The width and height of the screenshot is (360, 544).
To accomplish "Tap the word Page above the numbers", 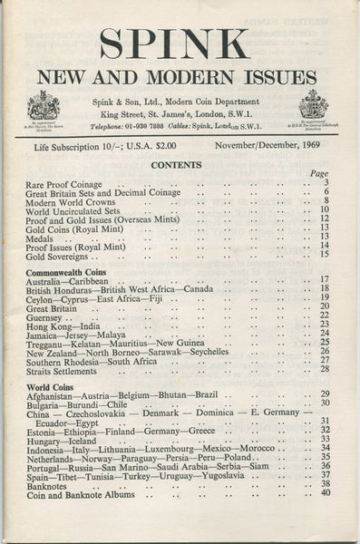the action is point(319,173).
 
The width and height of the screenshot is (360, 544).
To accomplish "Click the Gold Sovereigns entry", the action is point(60,256).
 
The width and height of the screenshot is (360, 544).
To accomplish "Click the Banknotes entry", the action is point(52,483).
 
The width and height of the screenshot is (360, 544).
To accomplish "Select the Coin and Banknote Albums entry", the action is point(81,494).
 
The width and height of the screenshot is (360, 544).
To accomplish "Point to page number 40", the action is point(324,493).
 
